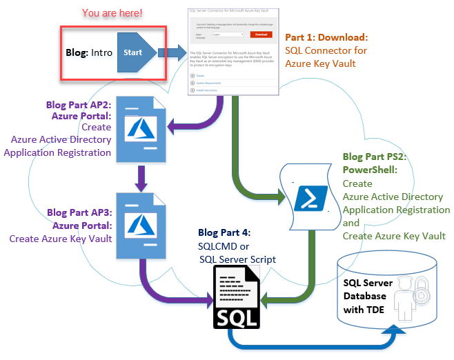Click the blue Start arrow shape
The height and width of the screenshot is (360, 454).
pos(137,52)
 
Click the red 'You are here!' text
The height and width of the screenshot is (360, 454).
pos(113,12)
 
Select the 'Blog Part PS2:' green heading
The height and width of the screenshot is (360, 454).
pos(375,157)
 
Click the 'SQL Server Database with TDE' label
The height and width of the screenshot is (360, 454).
pos(369,296)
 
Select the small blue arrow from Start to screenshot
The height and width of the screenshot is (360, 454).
pos(172,52)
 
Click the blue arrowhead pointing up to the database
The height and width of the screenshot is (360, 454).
pos(399,332)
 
